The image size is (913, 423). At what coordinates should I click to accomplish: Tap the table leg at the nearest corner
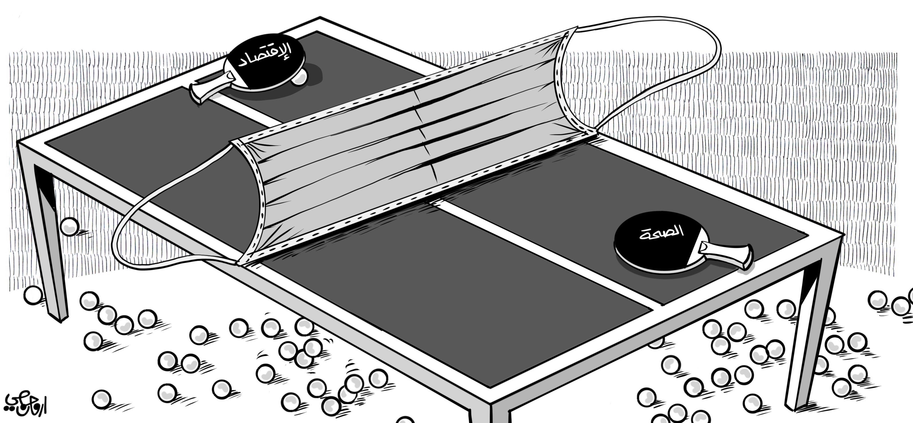point(500,415)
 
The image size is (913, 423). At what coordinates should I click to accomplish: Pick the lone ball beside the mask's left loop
point(69,226)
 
